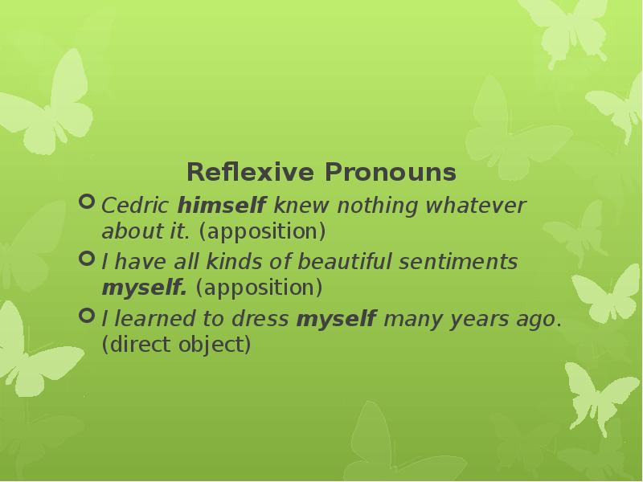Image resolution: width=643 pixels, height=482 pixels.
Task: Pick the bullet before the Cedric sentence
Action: pos(86,204)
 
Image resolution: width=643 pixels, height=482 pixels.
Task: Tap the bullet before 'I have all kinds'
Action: pos(86,259)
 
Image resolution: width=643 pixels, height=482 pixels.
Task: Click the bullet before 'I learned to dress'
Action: pos(86,316)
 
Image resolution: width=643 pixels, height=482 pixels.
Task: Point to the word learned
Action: pos(149,319)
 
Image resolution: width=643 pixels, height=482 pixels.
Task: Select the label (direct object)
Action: pos(176,345)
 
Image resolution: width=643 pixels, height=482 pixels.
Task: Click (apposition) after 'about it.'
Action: pos(262,232)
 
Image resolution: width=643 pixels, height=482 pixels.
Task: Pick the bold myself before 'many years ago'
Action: pos(337,319)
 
